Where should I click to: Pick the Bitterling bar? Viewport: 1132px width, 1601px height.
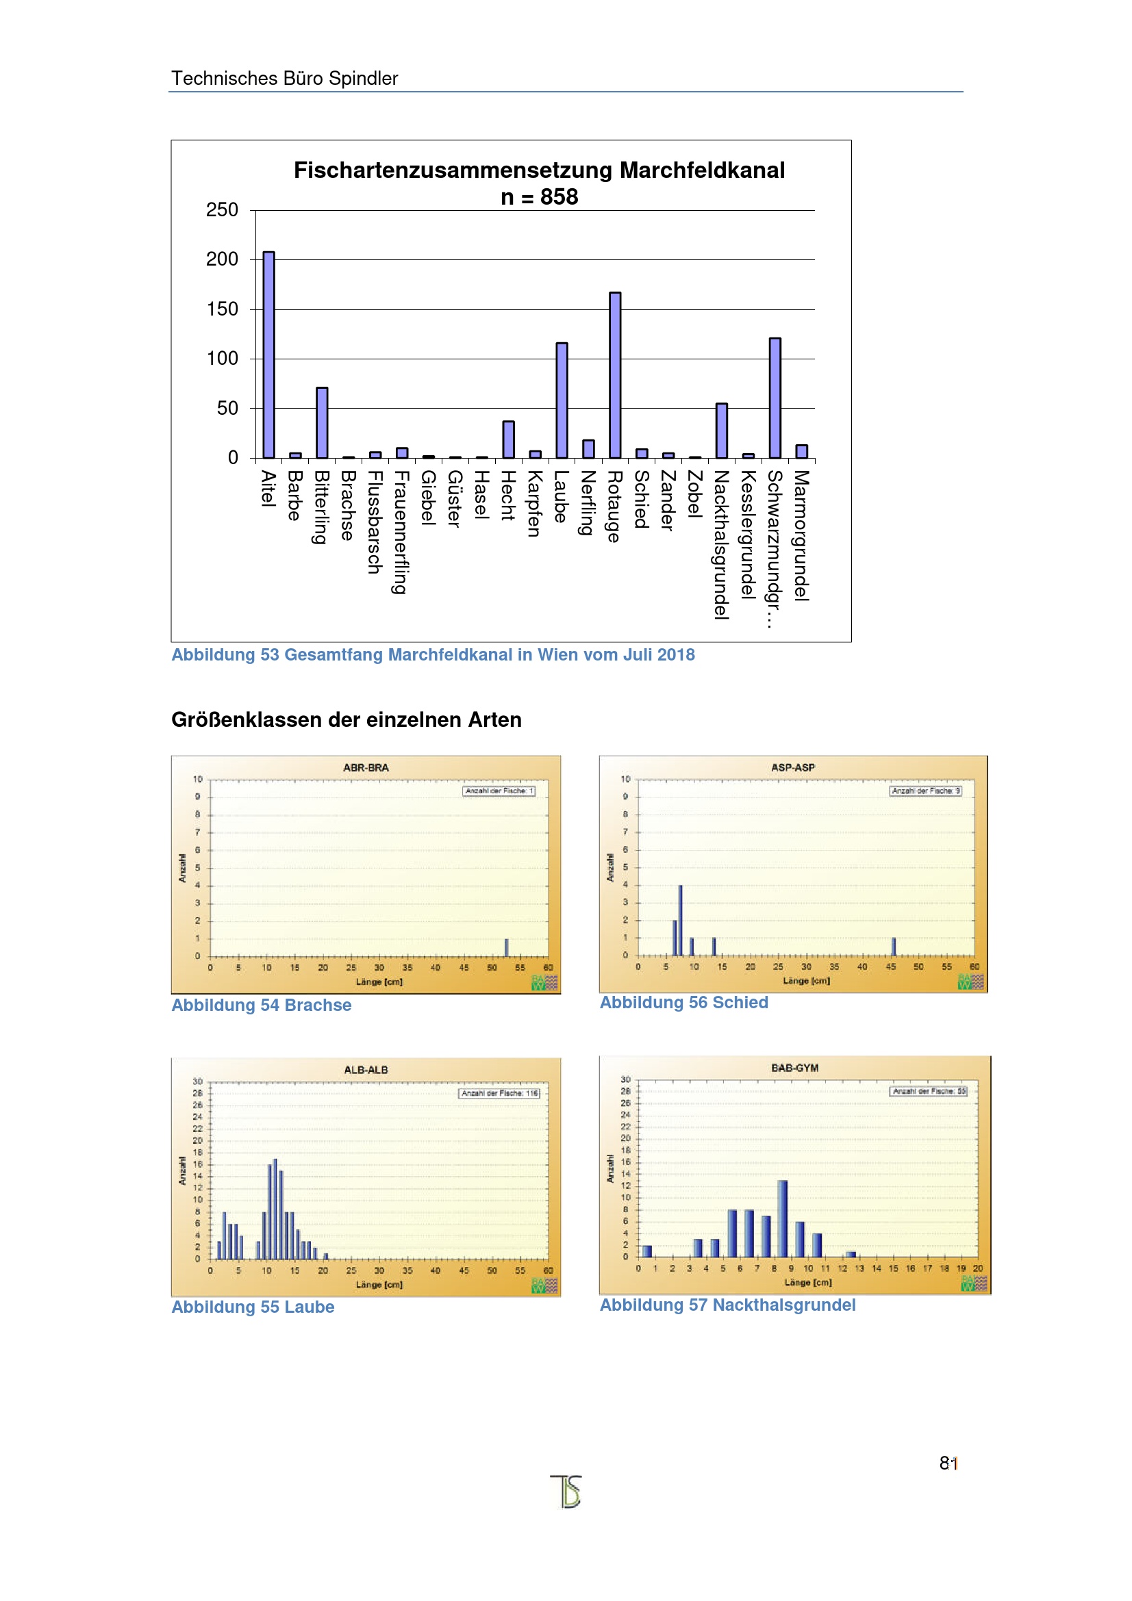pos(322,422)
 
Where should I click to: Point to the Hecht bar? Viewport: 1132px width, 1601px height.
pos(508,439)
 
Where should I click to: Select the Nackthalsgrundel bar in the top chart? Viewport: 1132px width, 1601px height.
pos(721,431)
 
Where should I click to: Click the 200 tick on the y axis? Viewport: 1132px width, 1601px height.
pos(222,259)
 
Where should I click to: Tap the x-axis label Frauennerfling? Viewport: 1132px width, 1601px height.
pos(401,531)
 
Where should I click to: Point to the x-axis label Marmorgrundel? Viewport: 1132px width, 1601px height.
pos(801,535)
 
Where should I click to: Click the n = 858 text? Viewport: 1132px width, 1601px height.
pos(539,197)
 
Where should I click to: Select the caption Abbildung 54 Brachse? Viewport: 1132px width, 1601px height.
pos(262,1005)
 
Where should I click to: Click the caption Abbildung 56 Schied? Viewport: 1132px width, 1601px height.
pos(683,1002)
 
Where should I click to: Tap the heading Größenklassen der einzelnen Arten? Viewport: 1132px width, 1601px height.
pos(346,719)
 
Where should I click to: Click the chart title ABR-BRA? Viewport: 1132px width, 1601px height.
pos(366,768)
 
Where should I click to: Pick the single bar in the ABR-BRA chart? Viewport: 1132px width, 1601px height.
pos(506,947)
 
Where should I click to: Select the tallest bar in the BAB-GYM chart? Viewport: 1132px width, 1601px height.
pos(783,1218)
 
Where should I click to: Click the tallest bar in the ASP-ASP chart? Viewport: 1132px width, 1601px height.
pos(680,920)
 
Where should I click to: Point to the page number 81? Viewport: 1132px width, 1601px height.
pos(948,1463)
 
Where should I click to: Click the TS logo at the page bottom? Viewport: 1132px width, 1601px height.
pos(566,1491)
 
